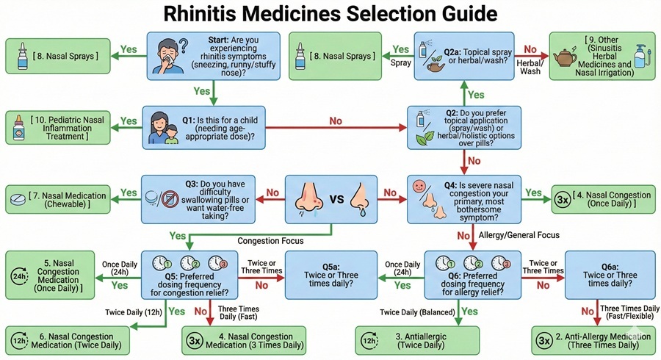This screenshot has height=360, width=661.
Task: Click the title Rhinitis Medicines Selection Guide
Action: pyautogui.click(x=330, y=14)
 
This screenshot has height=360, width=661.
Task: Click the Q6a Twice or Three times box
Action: pyautogui.click(x=609, y=273)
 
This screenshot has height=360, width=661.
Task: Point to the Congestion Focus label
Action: pyautogui.click(x=270, y=240)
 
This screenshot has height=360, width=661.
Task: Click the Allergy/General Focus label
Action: pyautogui.click(x=520, y=234)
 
